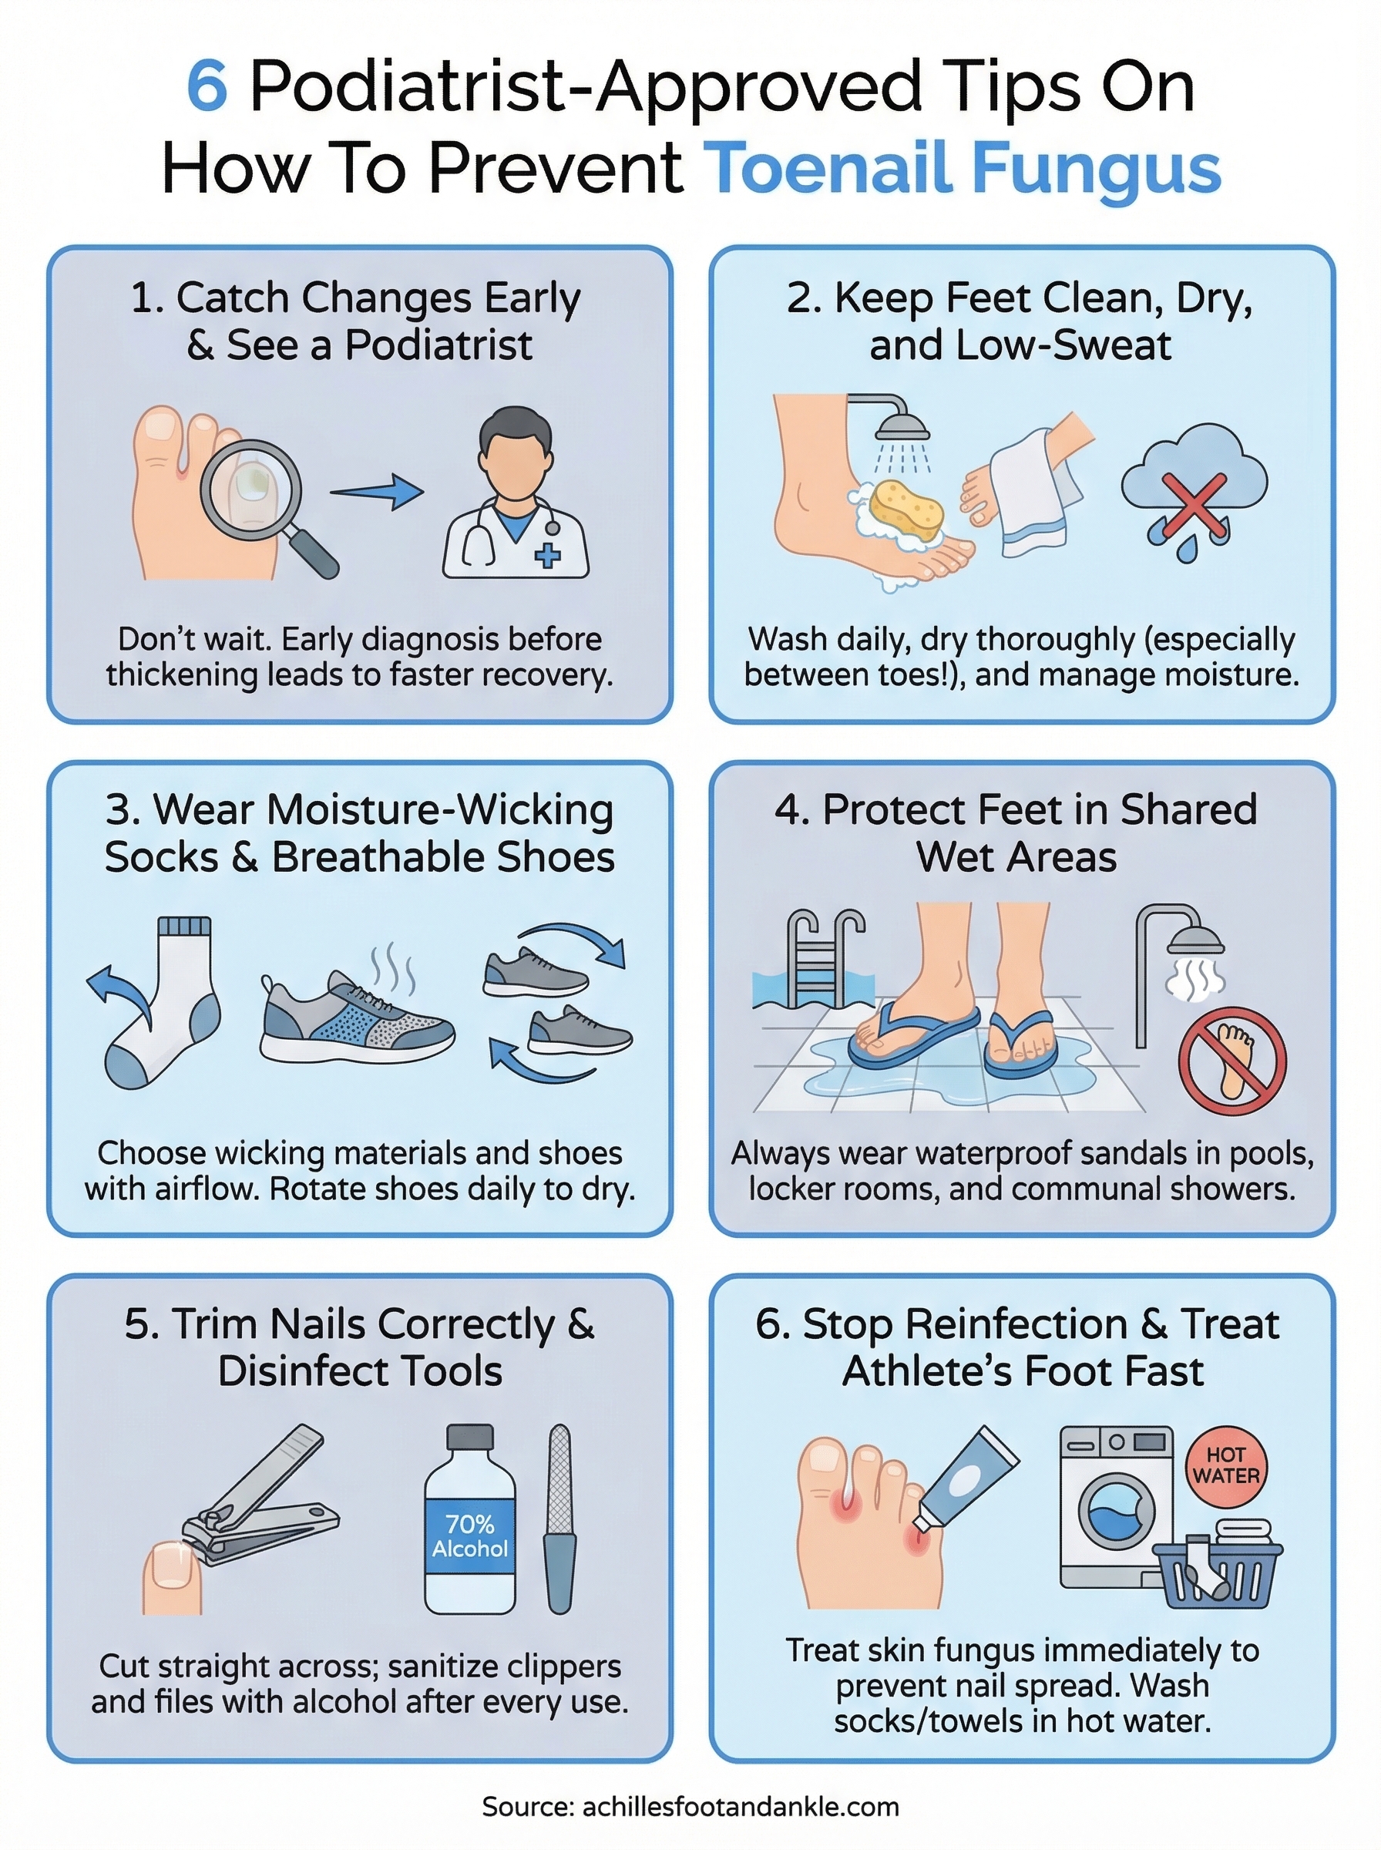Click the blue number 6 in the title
(x=207, y=86)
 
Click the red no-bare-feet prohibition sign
(x=1231, y=1060)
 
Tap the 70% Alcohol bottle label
(x=469, y=1535)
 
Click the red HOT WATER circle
(x=1225, y=1465)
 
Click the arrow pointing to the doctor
(x=378, y=493)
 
